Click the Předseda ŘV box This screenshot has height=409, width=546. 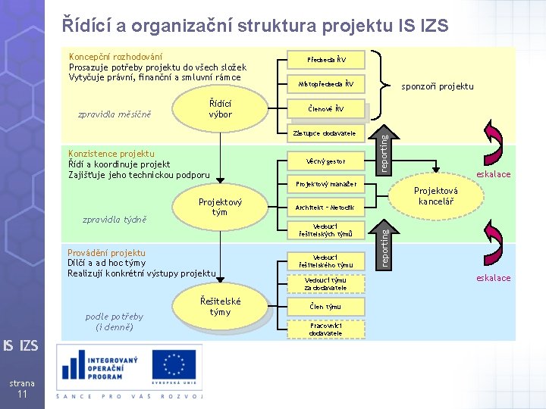click(326, 58)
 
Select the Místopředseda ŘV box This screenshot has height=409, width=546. click(326, 83)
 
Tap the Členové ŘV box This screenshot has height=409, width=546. click(326, 109)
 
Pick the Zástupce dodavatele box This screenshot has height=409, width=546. click(326, 134)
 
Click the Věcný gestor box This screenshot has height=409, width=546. click(326, 161)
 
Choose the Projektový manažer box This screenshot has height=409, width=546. click(326, 184)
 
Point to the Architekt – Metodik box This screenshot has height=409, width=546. click(326, 207)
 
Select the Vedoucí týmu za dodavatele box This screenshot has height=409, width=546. click(326, 283)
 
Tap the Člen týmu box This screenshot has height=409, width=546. click(326, 306)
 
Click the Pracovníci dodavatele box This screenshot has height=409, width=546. click(326, 329)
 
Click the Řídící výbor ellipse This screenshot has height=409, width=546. click(220, 109)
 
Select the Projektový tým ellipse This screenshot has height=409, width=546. click(220, 207)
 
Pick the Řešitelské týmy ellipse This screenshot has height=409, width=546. click(220, 307)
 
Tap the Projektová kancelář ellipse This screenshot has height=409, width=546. click(435, 197)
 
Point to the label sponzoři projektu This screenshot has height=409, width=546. click(437, 86)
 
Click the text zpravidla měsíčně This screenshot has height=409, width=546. click(115, 115)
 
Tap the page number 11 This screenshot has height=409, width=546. click(23, 395)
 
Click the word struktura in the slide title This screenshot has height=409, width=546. click(284, 27)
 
